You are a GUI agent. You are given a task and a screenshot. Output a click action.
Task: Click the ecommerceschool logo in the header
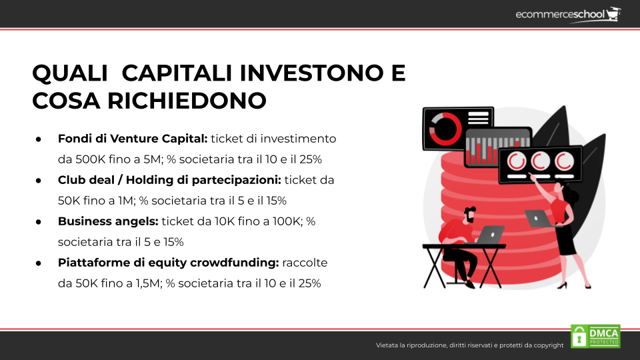pos(568,15)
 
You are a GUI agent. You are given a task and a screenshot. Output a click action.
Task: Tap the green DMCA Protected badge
pos(595,336)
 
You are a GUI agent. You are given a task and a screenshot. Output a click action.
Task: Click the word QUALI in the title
pos(70,73)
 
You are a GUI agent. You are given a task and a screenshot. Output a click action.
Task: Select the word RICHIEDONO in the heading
pos(187,101)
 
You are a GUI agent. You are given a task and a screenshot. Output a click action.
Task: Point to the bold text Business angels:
pos(108,221)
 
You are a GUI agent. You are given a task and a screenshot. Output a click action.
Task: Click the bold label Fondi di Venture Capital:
pos(133,139)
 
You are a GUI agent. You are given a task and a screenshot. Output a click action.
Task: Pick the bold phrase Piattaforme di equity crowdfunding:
pos(168,263)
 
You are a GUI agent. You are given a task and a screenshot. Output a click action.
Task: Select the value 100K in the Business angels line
pos(287,221)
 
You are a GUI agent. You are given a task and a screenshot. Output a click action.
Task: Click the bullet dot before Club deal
pos(39,181)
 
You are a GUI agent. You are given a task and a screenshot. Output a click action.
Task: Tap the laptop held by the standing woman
pos(538,219)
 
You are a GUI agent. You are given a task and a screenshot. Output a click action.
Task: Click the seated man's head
pos(469,215)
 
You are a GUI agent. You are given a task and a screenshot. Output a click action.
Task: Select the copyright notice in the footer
pos(469,345)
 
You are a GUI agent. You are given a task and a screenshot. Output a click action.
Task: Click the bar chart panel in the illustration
pos(499,147)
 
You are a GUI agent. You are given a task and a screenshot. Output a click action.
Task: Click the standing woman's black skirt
pos(566,239)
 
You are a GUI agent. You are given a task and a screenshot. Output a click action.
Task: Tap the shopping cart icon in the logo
pos(613,14)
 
